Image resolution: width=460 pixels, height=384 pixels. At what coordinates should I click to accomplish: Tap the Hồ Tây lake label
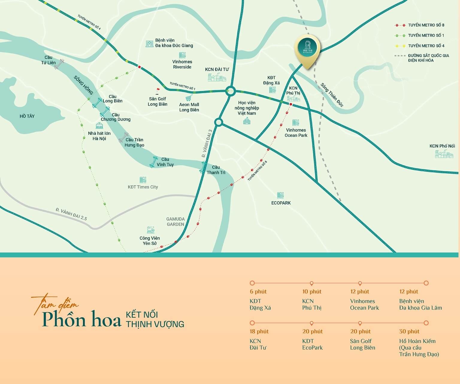[27, 116]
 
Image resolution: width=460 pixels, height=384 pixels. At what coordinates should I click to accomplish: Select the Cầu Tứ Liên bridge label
[48, 60]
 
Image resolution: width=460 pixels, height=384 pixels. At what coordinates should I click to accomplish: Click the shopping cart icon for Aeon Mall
[189, 98]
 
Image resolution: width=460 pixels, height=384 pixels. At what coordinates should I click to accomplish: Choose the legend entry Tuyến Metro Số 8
[426, 25]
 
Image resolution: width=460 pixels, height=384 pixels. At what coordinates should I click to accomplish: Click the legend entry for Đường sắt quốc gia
[428, 58]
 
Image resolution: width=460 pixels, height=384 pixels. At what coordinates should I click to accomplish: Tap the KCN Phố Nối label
[442, 146]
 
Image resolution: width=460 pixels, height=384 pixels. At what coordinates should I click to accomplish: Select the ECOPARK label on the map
[281, 203]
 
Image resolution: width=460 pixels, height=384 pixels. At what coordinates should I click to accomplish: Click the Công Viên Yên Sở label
[150, 241]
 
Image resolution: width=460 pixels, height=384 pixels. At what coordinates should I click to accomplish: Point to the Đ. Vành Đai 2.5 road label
[71, 214]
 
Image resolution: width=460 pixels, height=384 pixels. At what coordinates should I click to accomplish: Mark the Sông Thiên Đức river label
[332, 95]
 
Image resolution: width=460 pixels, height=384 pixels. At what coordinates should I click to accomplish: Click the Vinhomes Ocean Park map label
[296, 133]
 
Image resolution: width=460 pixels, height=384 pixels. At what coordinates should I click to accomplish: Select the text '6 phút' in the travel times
[258, 292]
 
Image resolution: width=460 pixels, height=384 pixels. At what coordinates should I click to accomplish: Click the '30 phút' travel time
[409, 331]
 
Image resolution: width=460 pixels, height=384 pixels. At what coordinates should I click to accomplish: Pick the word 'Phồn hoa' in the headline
[81, 320]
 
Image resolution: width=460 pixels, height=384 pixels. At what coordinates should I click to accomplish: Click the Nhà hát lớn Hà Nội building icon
[99, 125]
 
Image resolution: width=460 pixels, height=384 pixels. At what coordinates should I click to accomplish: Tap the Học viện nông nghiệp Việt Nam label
[247, 108]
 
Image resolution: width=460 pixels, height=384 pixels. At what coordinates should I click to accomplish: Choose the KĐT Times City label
[143, 187]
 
